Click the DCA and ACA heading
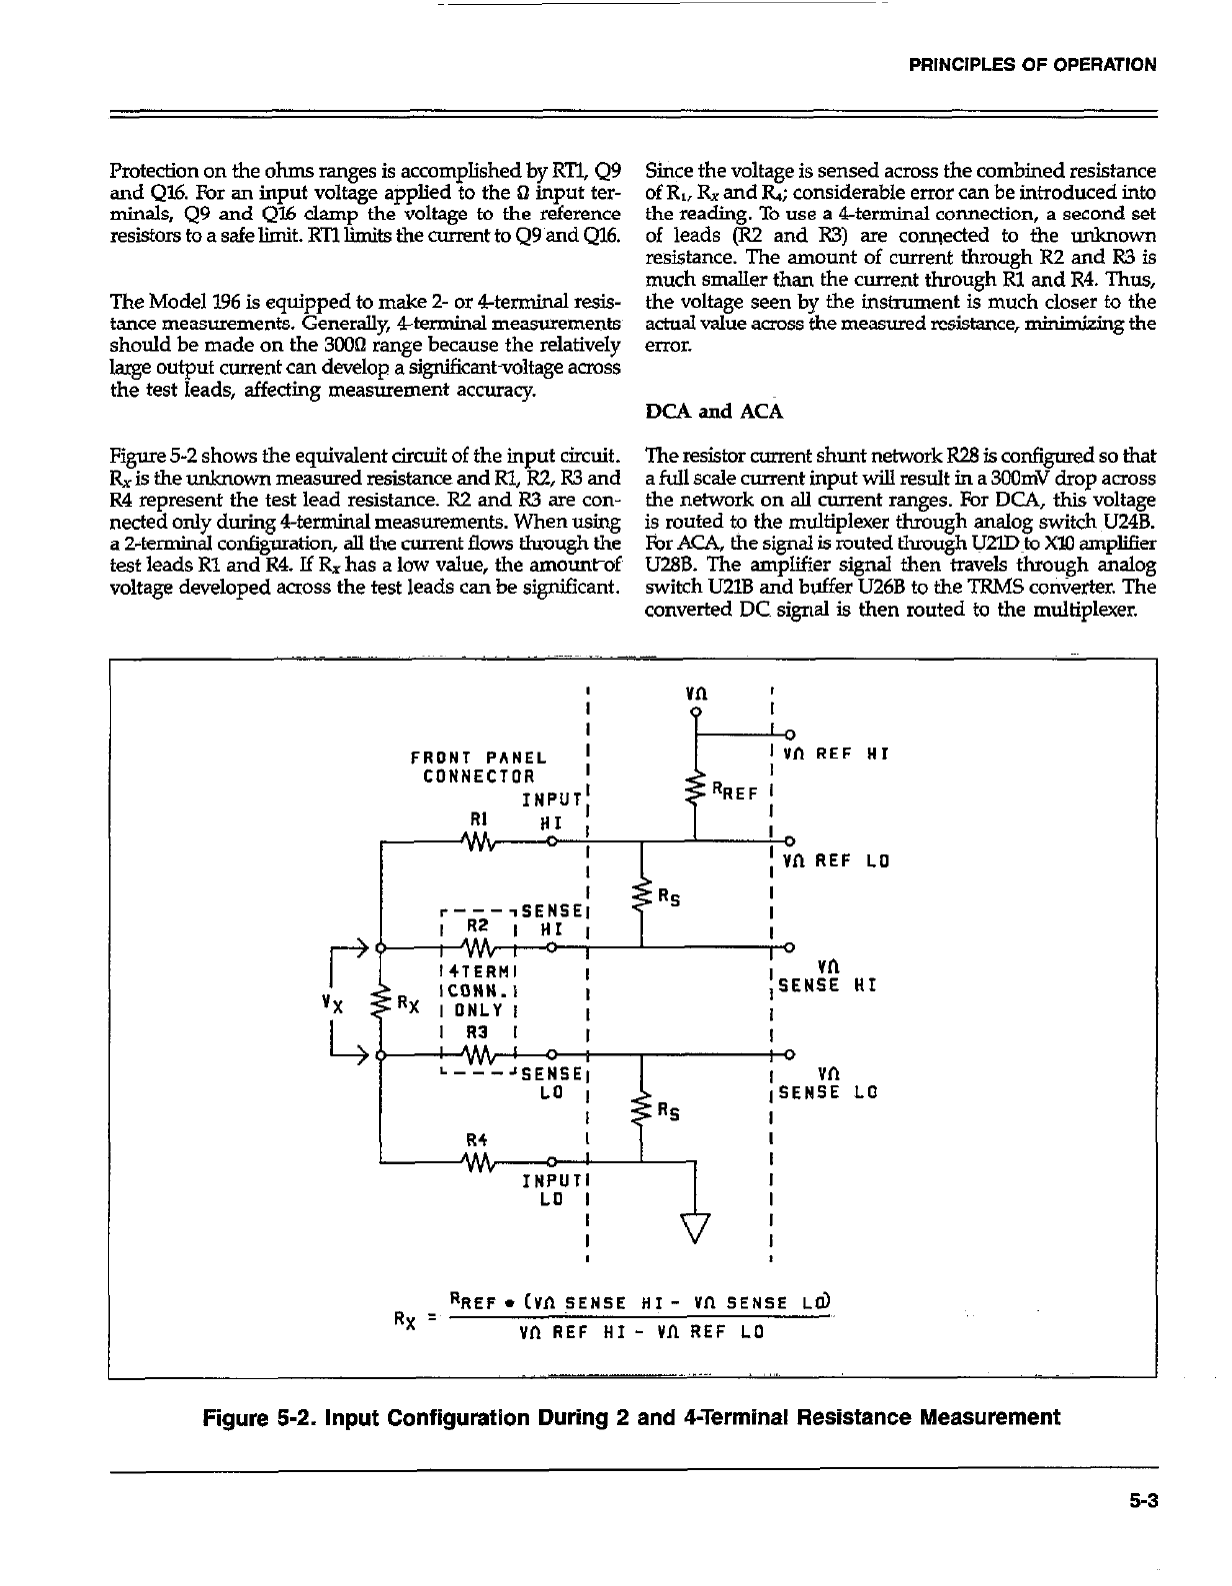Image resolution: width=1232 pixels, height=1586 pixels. pos(714,411)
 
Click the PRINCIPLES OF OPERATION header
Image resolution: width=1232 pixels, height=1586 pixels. pos(1032,65)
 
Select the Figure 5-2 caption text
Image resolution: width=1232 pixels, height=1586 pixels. pos(631,1417)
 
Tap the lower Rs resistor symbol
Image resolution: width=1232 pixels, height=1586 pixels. pos(640,1108)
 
